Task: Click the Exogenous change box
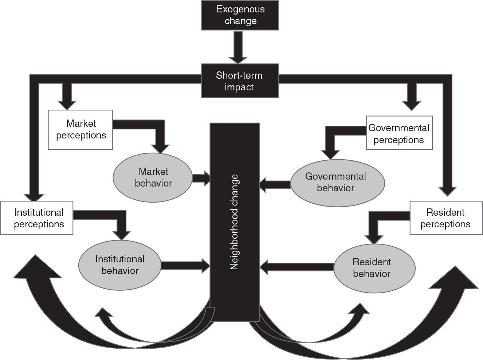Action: pyautogui.click(x=240, y=15)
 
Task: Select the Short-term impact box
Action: pyautogui.click(x=240, y=81)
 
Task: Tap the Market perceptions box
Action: pyautogui.click(x=80, y=129)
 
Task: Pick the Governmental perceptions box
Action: pyautogui.click(x=399, y=133)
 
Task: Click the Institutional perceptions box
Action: pyautogui.click(x=37, y=218)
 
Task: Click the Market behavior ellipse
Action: pyautogui.click(x=153, y=177)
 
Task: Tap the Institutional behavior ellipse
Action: pyautogui.click(x=119, y=265)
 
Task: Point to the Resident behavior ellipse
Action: pyautogui.click(x=374, y=268)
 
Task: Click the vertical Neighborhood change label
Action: pyautogui.click(x=234, y=222)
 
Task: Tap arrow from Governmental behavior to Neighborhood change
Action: pyautogui.click(x=275, y=184)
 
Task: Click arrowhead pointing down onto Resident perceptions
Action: pyautogui.click(x=447, y=190)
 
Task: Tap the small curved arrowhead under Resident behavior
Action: pyautogui.click(x=361, y=310)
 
